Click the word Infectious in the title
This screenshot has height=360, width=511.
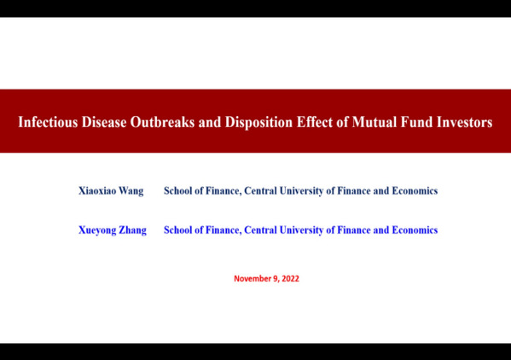[x=48, y=122]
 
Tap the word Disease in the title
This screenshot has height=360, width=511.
[x=104, y=122]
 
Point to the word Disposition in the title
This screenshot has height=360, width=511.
[x=258, y=123]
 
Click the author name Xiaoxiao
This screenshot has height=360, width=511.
[x=97, y=190]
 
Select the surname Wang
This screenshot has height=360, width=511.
[x=131, y=191]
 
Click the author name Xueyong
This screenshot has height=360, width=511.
[x=97, y=230]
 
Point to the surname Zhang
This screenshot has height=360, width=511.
[x=132, y=230]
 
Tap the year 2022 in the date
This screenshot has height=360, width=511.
[x=290, y=279]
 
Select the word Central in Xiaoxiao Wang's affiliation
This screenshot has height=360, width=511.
[x=260, y=190]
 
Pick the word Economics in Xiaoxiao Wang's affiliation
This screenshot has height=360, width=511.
[x=415, y=190]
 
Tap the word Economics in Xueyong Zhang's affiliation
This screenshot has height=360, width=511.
[x=415, y=230]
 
